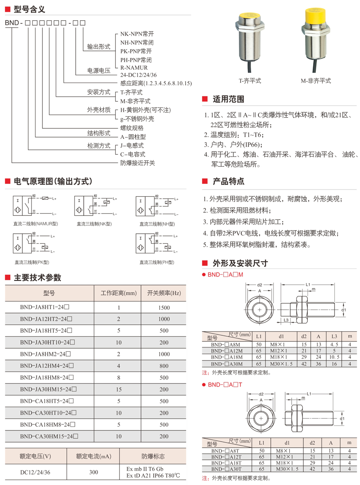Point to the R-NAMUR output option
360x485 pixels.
(134, 68)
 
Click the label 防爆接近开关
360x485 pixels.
(138, 163)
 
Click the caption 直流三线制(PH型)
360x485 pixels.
(157, 262)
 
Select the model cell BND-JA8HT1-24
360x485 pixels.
(47, 307)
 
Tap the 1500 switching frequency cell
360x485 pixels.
(164, 307)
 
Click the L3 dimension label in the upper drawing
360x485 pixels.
(286, 320)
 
